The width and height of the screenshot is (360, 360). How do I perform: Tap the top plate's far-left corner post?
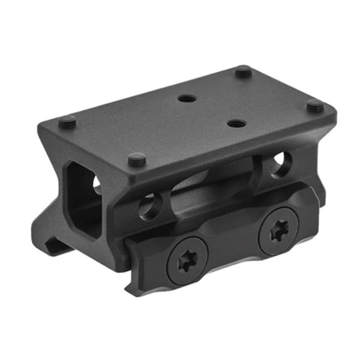point(67,121)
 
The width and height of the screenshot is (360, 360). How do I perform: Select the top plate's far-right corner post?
point(315,106)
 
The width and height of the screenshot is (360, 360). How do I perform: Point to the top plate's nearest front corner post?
point(137,160)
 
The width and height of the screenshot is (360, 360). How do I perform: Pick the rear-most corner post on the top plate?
point(243,71)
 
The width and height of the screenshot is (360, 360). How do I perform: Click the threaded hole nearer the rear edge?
point(187,97)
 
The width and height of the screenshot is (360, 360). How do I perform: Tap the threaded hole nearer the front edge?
point(235,124)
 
